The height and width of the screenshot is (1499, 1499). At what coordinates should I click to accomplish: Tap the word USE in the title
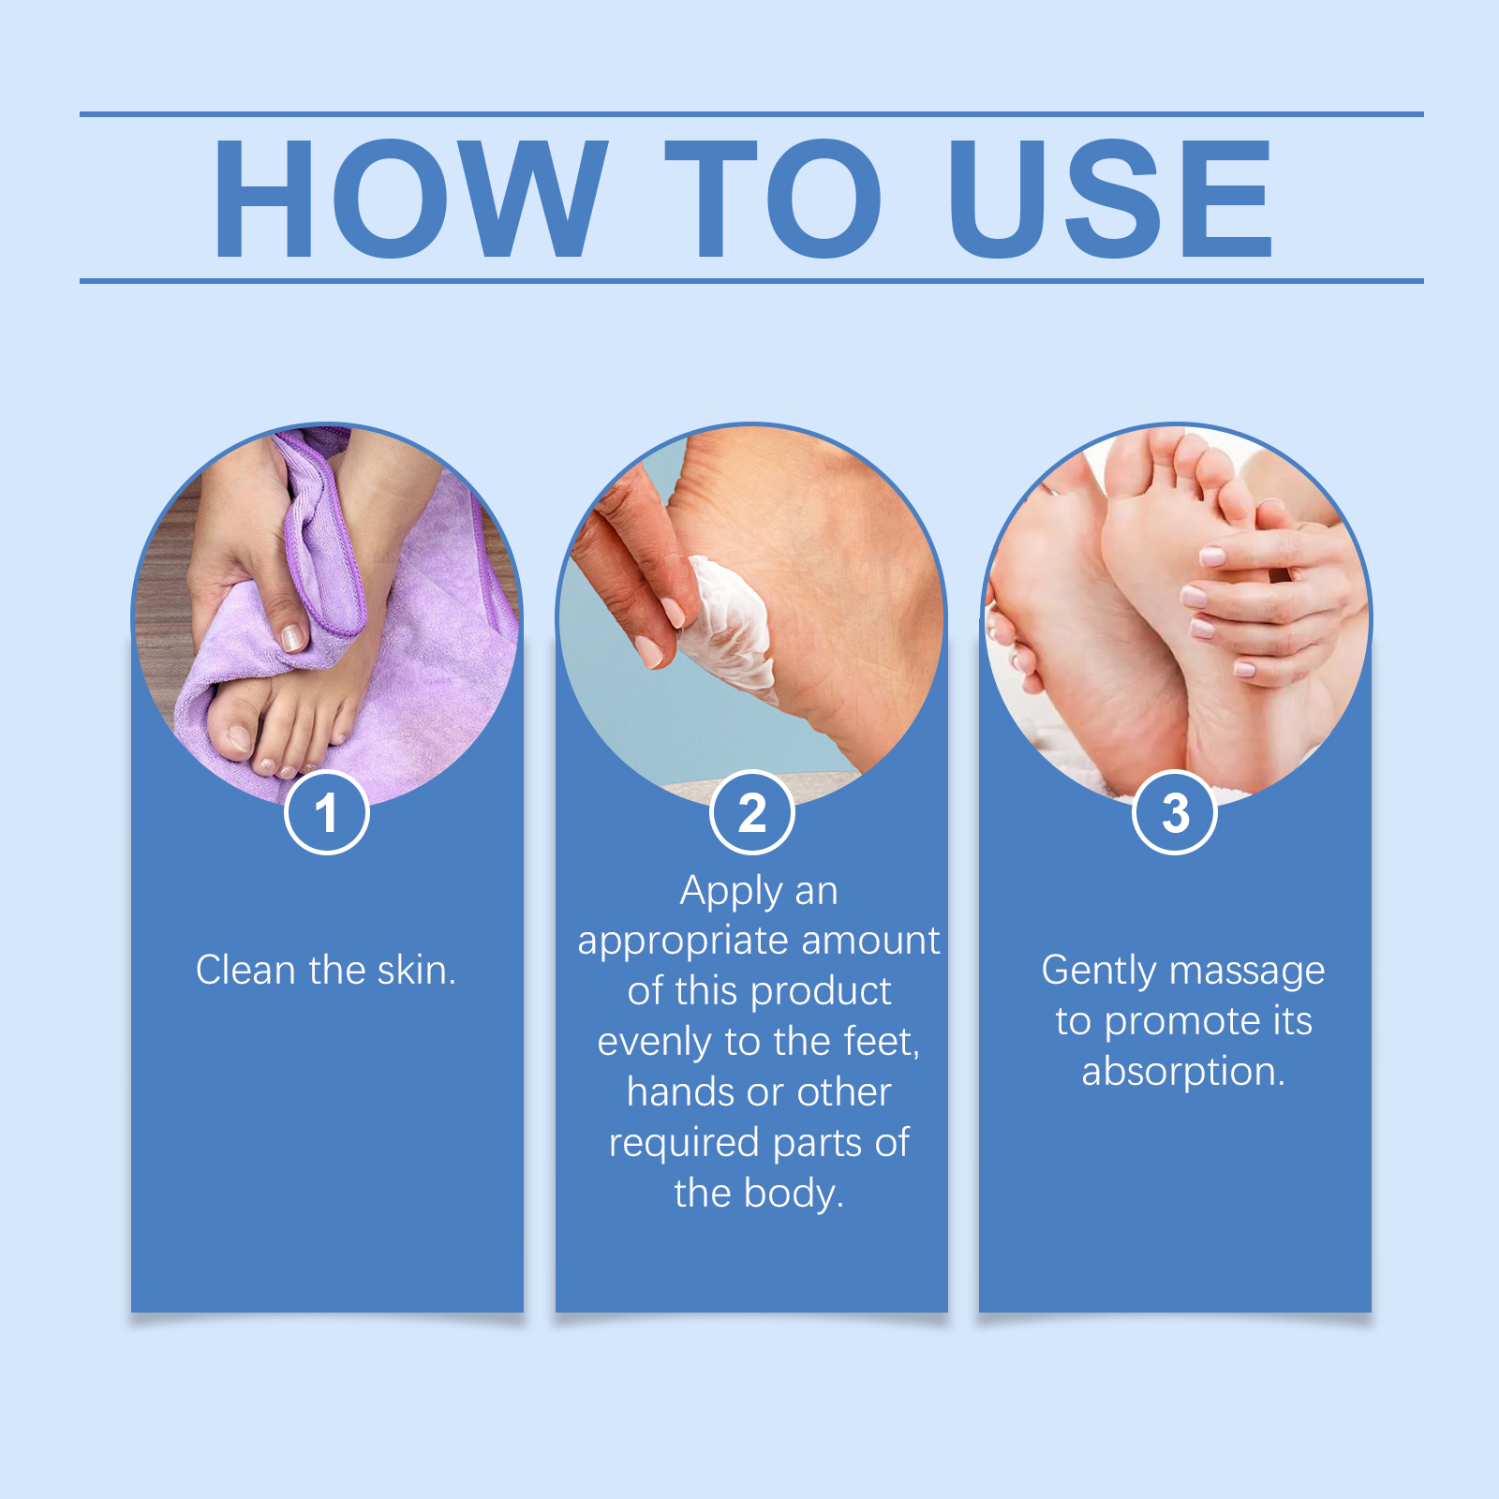click(x=1111, y=198)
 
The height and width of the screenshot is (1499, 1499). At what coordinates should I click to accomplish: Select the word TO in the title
click(x=773, y=198)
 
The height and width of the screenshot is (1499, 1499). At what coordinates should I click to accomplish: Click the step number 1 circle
click(x=326, y=812)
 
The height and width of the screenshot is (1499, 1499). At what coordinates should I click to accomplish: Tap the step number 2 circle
click(x=751, y=812)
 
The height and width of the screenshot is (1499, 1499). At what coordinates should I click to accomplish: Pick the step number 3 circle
click(x=1175, y=812)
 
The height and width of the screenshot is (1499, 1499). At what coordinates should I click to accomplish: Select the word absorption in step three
click(x=1183, y=1071)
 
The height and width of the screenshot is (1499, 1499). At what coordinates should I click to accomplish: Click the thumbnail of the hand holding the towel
click(x=293, y=637)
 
